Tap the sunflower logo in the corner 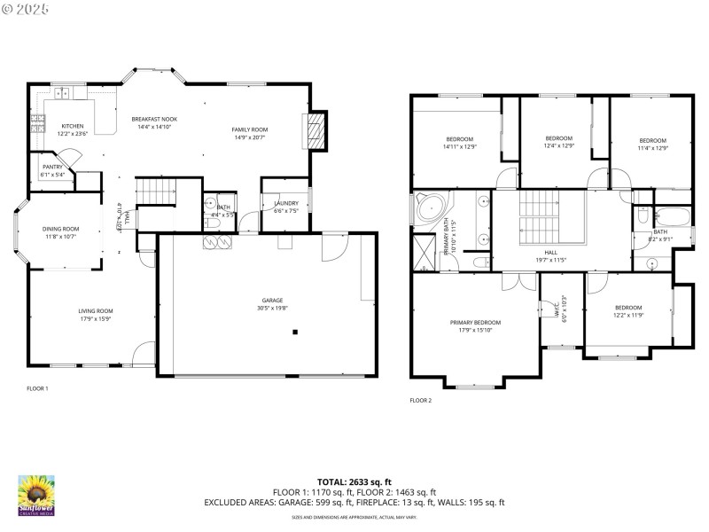[36, 496]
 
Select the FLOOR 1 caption [37, 388]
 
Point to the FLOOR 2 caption [420, 401]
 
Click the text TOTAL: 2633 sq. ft [354, 481]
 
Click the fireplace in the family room [316, 131]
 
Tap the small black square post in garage [295, 332]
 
